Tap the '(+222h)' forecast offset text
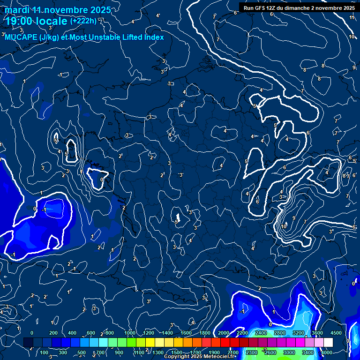pos(83,21)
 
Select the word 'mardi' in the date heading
pos(17,10)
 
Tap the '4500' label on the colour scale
pos(336,333)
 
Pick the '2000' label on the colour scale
pos(224,333)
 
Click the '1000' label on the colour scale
pos(130,333)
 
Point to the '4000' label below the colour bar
pos(327,352)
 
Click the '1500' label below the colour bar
pos(177,352)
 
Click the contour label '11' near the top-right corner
pos(352,17)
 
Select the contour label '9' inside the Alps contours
pos(293,218)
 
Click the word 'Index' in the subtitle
pos(154,37)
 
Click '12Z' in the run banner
pos(276,8)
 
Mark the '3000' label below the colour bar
pos(289,352)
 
